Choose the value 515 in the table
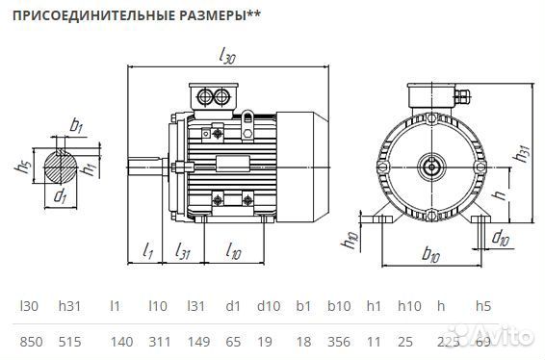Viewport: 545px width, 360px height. pos(69,342)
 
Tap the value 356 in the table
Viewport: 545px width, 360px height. pos(338,342)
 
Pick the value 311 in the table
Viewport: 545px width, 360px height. pos(159,342)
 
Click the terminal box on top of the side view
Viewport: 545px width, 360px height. pos(213,96)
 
